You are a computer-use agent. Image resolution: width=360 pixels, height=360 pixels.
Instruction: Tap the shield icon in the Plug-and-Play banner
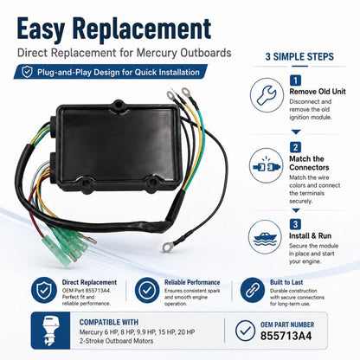[x=28, y=72]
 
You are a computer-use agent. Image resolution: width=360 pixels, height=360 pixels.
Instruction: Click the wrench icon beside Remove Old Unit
[x=267, y=95]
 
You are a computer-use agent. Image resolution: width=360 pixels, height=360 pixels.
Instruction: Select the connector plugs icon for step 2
[x=266, y=166]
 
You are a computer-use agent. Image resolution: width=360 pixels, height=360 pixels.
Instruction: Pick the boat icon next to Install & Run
[x=265, y=237]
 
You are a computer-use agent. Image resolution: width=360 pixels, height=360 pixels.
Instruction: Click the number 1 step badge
[x=295, y=80]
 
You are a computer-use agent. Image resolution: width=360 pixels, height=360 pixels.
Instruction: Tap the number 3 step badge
[x=295, y=224]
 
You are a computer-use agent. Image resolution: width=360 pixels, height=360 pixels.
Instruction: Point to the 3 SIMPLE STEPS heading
[x=299, y=56]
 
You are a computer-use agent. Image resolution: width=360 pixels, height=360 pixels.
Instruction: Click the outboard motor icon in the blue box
[x=50, y=331]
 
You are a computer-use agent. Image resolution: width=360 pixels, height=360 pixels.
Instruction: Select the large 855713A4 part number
[x=286, y=336]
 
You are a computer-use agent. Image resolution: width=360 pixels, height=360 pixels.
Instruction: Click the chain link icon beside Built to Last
[x=252, y=290]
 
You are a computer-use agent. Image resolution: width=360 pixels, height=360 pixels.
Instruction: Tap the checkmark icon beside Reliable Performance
[x=147, y=290]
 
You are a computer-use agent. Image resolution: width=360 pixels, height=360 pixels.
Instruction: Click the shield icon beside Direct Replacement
[x=44, y=290]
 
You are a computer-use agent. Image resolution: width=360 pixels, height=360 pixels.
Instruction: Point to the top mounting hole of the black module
[x=119, y=104]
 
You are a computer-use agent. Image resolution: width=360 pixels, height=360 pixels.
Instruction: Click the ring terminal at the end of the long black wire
[x=166, y=247]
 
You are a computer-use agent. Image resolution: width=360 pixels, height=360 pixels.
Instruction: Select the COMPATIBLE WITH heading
[x=109, y=322]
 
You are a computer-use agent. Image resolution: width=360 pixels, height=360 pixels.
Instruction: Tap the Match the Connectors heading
[x=309, y=163]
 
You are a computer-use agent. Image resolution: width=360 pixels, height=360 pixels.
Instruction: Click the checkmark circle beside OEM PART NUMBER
[x=245, y=331]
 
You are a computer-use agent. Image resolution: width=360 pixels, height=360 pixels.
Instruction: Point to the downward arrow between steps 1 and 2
[x=296, y=132]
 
